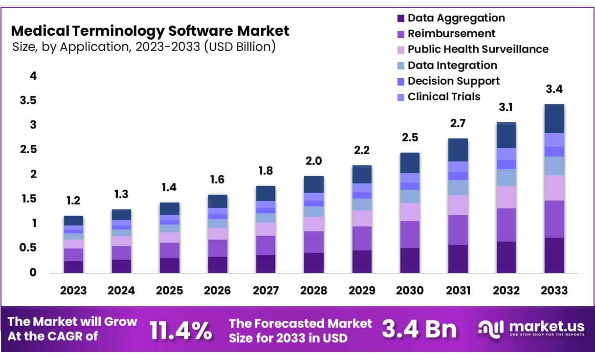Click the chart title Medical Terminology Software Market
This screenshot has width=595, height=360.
pyautogui.click(x=150, y=31)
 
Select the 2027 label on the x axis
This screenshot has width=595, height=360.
pyautogui.click(x=265, y=291)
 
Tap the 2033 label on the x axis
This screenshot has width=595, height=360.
pyautogui.click(x=554, y=291)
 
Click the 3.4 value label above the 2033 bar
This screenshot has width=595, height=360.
pyautogui.click(x=554, y=90)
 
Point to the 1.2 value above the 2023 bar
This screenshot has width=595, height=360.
pyautogui.click(x=73, y=201)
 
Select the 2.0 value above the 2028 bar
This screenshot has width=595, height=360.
pyautogui.click(x=313, y=161)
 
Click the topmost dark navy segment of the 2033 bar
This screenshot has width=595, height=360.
pyautogui.click(x=554, y=118)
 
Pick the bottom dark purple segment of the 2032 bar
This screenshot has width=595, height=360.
pyautogui.click(x=506, y=257)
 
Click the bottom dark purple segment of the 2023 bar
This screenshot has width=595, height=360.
pyautogui.click(x=73, y=267)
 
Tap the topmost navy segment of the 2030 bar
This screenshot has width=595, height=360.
pyautogui.click(x=409, y=163)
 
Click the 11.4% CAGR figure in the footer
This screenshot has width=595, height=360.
pyautogui.click(x=181, y=331)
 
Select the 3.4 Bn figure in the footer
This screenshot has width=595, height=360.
pyautogui.click(x=419, y=330)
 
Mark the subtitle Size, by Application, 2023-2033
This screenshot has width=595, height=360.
pyautogui.click(x=143, y=47)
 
